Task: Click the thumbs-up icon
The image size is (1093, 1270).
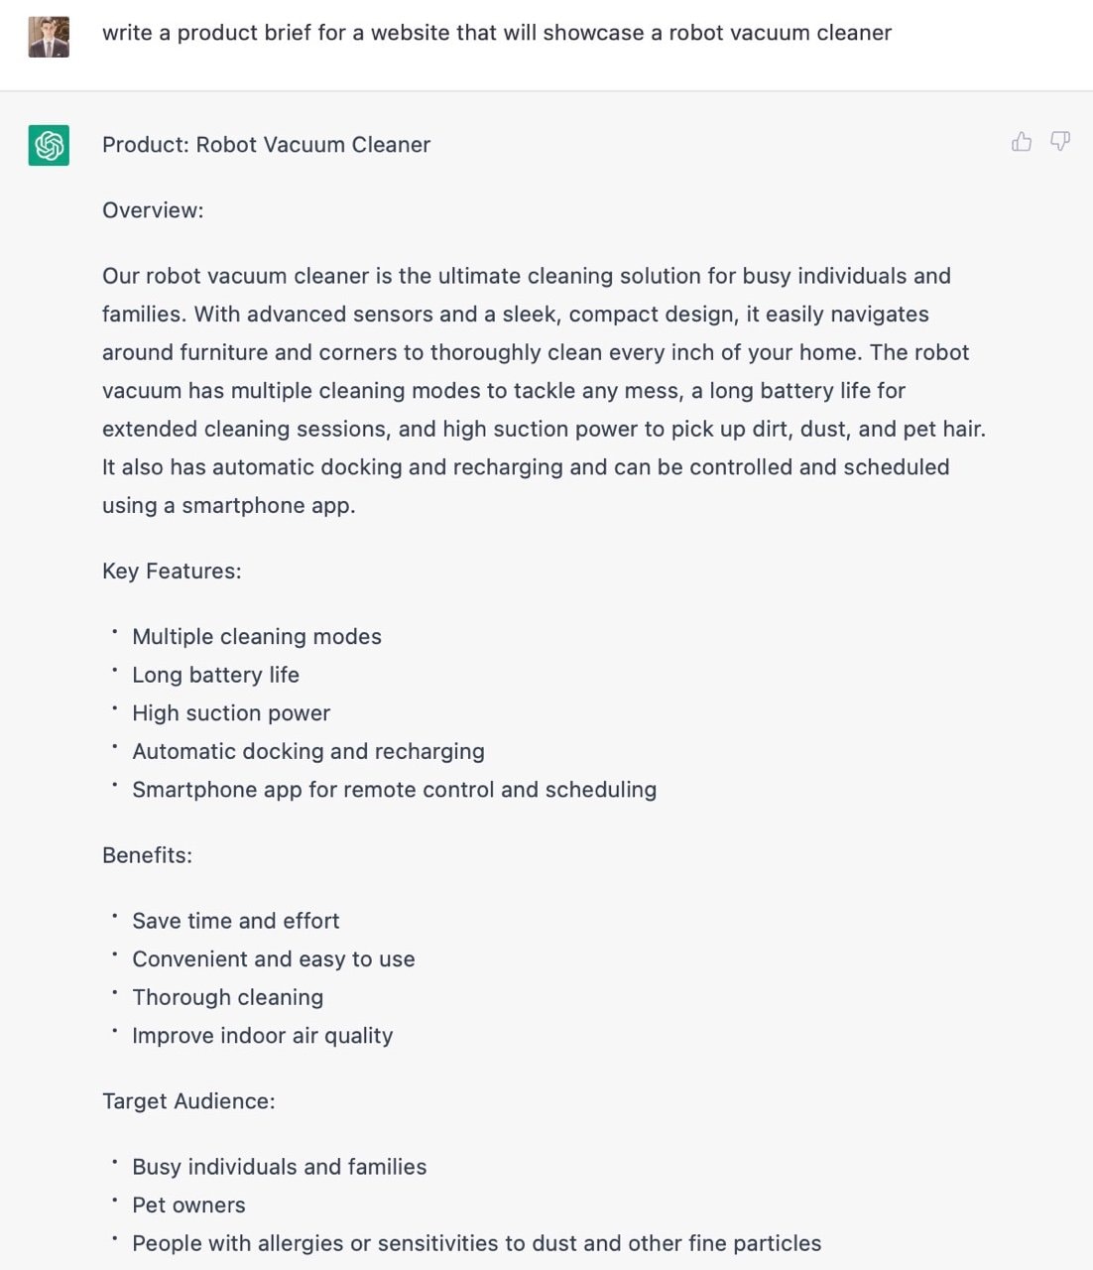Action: (1022, 142)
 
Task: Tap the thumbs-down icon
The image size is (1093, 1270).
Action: (1060, 142)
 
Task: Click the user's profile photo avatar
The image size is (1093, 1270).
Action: (49, 37)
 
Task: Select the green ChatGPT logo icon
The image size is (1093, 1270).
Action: (49, 145)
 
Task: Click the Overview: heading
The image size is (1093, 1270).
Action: (153, 210)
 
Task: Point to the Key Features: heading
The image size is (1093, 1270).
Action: (172, 571)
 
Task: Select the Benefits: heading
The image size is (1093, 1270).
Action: (147, 855)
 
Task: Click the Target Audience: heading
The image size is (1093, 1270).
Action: (188, 1101)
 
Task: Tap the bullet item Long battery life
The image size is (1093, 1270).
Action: (215, 675)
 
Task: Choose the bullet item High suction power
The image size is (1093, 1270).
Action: (231, 713)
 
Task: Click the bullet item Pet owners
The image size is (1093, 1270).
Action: (188, 1206)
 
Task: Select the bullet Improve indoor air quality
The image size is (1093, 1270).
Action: (262, 1036)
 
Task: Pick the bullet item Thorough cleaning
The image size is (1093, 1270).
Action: (227, 997)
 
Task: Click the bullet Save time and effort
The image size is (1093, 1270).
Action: (235, 921)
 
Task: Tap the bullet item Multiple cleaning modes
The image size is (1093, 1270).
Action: (256, 637)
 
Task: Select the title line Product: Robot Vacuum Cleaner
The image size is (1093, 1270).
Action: (266, 145)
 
